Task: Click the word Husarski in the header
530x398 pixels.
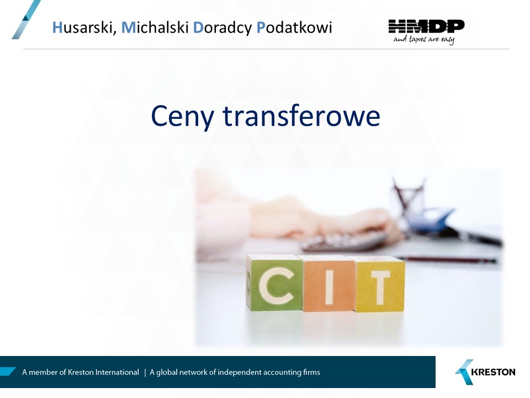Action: coord(84,28)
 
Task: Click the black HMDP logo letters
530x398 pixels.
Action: coord(427,27)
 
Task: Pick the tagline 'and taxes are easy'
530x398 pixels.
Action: coord(424,40)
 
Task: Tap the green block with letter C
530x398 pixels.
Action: coord(274,283)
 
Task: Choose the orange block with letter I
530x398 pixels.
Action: coord(328,284)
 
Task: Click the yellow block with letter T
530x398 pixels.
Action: coord(379,284)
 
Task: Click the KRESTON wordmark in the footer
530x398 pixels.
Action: coord(493,372)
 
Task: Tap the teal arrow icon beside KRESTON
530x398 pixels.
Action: coord(464,372)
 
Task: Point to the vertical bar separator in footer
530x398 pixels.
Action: coord(145,373)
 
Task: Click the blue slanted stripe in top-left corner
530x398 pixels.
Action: coord(26,19)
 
